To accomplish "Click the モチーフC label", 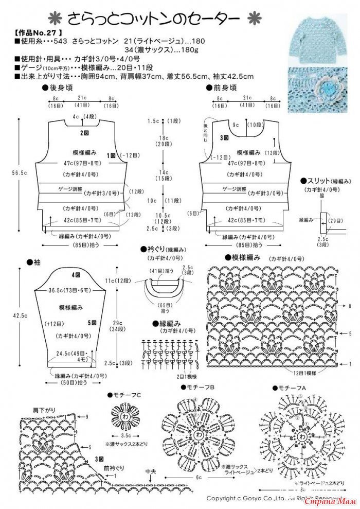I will [x=124, y=395].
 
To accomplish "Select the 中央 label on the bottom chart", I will [x=150, y=471].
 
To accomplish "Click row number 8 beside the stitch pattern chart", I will [x=350, y=306].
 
